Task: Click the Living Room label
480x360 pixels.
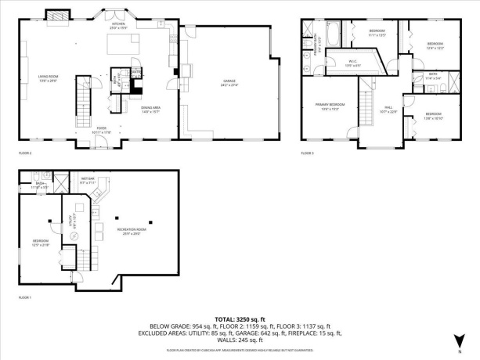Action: click(x=49, y=77)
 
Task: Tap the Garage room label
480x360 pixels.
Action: click(x=229, y=82)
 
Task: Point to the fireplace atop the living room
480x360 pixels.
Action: click(x=57, y=16)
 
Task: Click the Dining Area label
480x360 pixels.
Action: click(x=151, y=110)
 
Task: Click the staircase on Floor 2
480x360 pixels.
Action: click(x=85, y=98)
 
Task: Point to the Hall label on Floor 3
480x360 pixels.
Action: click(x=388, y=110)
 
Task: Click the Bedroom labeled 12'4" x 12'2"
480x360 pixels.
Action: click(x=435, y=45)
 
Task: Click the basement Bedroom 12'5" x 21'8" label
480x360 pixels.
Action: click(x=40, y=242)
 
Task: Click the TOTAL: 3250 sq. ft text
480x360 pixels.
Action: click(x=240, y=319)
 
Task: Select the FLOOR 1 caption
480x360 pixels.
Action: click(x=26, y=298)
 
